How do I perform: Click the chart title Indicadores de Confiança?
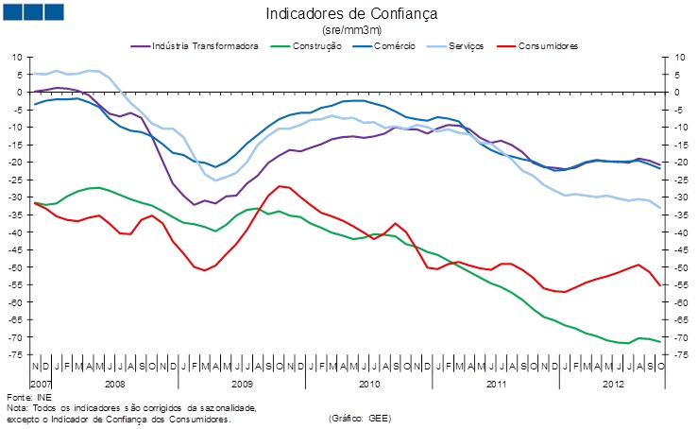coord(351,14)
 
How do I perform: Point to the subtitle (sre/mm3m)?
coord(351,31)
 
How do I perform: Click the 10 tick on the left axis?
coord(16,58)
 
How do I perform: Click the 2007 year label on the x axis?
coord(40,385)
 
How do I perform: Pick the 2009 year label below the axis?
coord(242,385)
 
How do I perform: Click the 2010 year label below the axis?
coord(369,385)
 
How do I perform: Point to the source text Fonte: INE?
coord(26,398)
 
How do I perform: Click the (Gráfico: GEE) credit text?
coord(360,418)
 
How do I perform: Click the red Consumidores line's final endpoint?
coord(659,285)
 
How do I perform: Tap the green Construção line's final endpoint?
coord(659,341)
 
